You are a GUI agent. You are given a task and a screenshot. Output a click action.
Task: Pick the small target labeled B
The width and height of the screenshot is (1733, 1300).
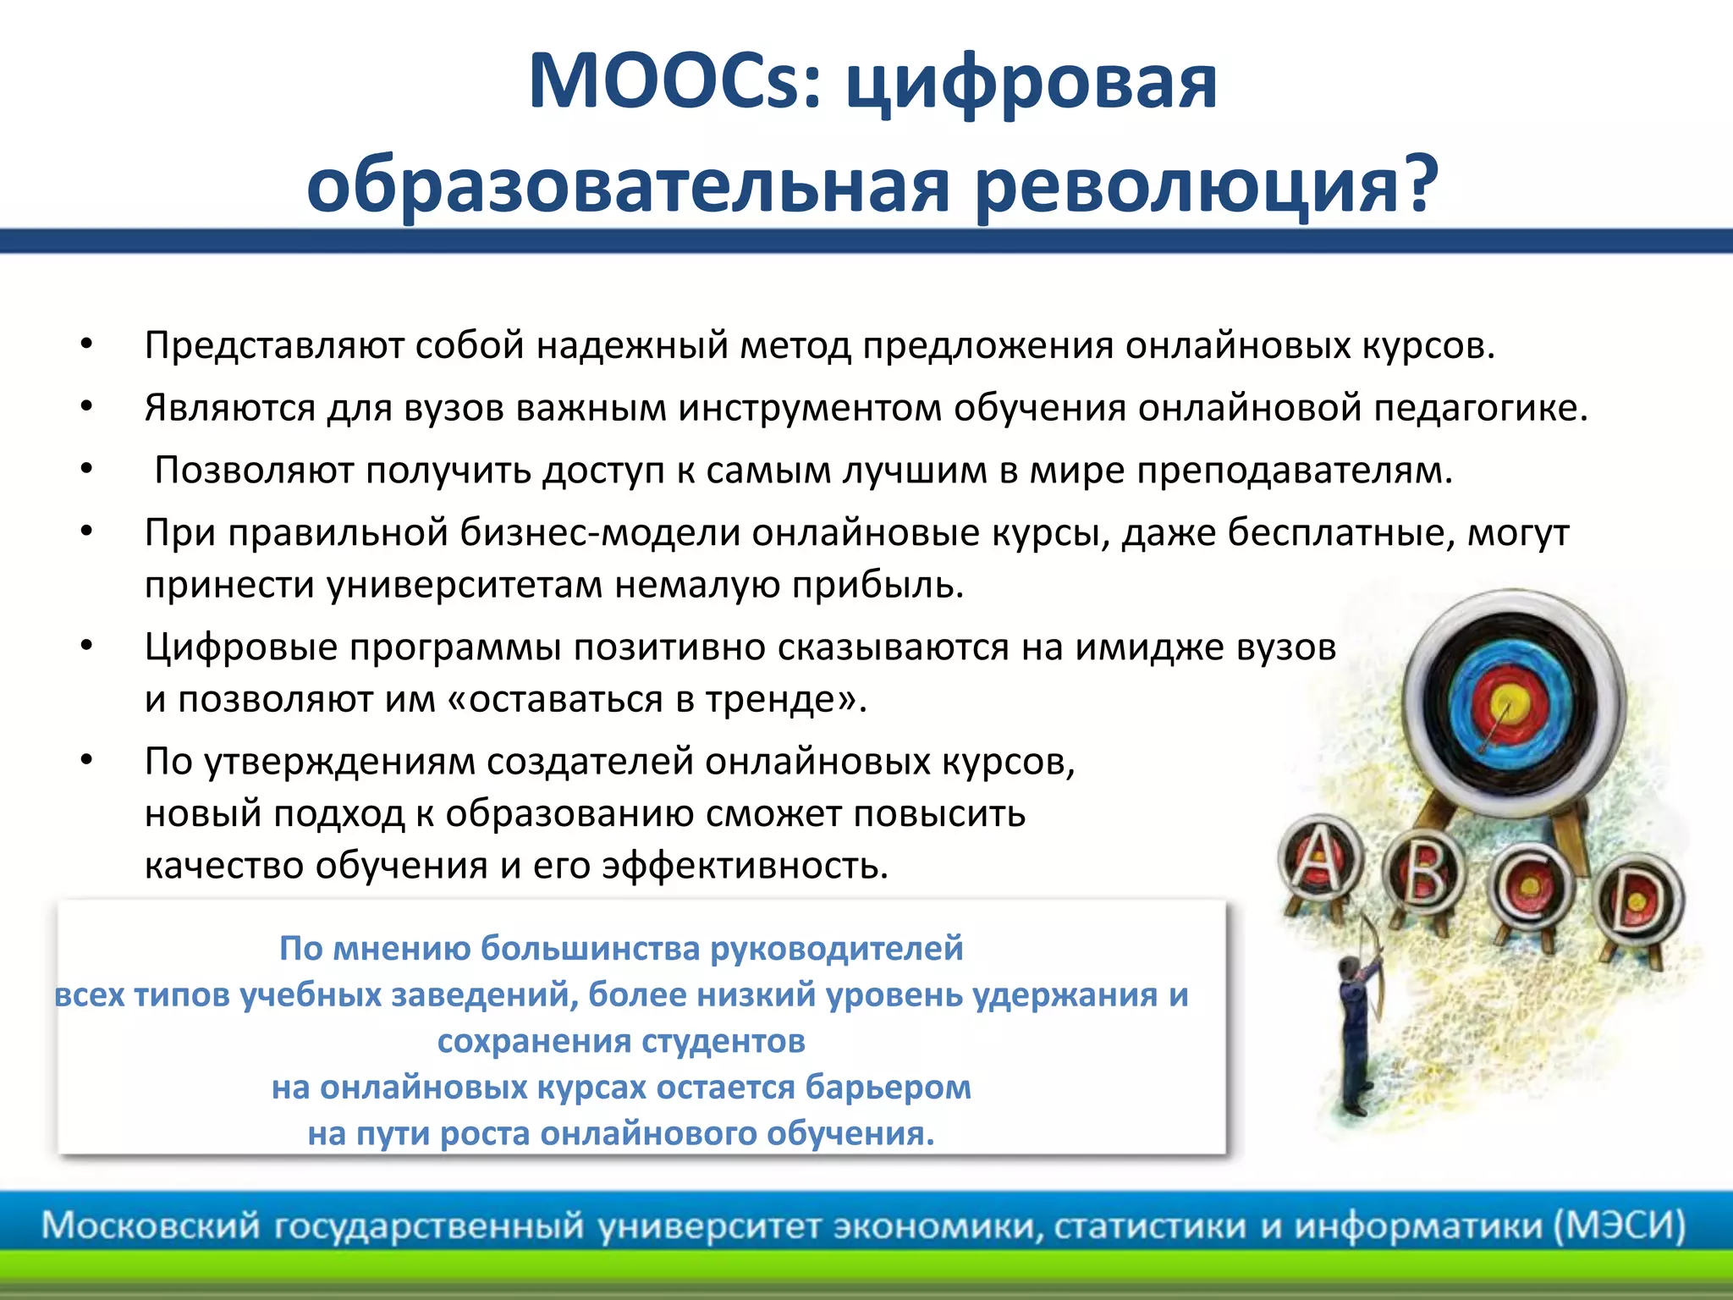point(1425,874)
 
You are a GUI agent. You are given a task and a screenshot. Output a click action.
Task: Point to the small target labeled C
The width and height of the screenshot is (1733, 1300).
point(1530,886)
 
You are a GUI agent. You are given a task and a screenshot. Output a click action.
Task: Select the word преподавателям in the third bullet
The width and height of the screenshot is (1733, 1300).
point(1294,471)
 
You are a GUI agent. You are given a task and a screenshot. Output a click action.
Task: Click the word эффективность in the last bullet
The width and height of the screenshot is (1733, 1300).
point(744,866)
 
